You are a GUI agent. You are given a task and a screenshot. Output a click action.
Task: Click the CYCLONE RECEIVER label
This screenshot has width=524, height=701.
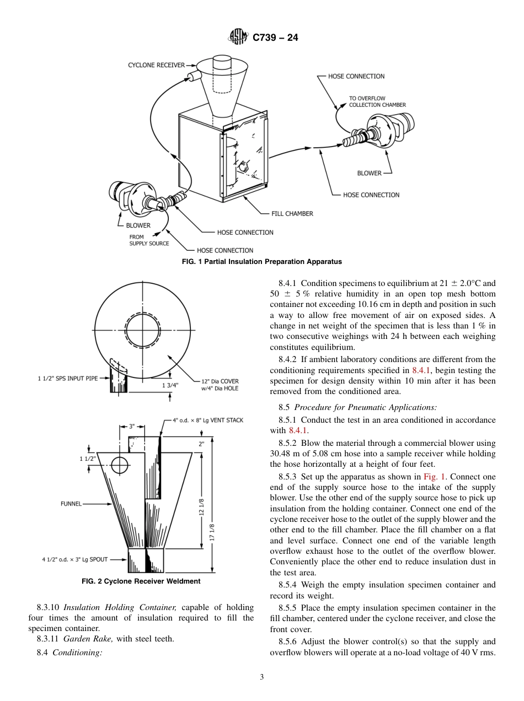156,65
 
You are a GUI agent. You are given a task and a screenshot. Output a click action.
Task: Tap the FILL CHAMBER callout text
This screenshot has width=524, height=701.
292,214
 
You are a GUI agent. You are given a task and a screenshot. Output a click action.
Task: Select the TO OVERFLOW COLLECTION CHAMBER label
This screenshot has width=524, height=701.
377,101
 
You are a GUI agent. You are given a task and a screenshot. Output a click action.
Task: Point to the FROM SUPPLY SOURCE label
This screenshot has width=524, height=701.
149,240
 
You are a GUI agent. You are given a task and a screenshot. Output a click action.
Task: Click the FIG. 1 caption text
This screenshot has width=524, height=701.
262,262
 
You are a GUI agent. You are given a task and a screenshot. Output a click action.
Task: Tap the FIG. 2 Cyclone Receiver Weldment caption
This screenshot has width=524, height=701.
141,581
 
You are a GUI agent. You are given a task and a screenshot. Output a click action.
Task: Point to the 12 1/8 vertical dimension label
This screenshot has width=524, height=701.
202,507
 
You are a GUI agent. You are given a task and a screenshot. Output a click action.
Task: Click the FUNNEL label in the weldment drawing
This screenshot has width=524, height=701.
71,503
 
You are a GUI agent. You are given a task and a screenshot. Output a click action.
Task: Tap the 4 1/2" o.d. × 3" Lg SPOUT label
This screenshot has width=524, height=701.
74,559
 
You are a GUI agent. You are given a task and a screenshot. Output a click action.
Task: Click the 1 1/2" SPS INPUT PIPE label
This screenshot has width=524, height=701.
68,379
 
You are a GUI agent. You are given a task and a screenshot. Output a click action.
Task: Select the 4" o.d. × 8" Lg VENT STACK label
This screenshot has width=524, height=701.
208,420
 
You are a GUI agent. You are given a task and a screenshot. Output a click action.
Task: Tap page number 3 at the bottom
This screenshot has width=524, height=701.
262,677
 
